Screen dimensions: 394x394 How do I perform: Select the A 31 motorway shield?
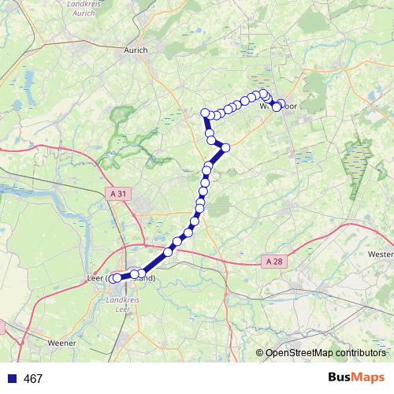pyautogui.click(x=118, y=192)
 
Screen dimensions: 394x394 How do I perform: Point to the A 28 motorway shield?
pyautogui.click(x=273, y=261)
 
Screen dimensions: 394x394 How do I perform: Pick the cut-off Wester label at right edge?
pyautogui.click(x=381, y=255)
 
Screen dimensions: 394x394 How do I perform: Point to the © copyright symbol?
pyautogui.click(x=260, y=353)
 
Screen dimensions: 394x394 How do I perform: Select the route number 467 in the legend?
pyautogui.click(x=33, y=379)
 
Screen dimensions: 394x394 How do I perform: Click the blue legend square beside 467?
pyautogui.click(x=13, y=379)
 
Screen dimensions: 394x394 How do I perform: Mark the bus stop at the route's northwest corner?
pyautogui.click(x=205, y=113)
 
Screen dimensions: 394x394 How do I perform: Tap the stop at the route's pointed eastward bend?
pyautogui.click(x=225, y=147)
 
